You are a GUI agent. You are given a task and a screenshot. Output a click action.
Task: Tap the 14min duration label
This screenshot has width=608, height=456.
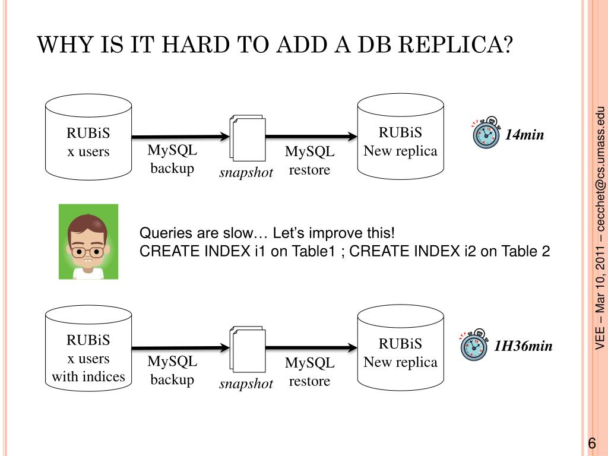[524, 135]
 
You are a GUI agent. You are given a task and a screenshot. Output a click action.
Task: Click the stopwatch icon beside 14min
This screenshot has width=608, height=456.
[486, 134]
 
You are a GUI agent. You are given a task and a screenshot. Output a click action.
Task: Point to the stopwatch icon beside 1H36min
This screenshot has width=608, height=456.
[474, 345]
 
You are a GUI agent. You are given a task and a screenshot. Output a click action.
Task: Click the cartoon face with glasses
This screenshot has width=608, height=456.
[88, 242]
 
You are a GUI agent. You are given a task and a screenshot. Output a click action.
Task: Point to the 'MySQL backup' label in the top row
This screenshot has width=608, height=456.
[172, 160]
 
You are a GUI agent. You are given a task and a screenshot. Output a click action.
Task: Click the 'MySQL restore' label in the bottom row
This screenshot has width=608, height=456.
[309, 372]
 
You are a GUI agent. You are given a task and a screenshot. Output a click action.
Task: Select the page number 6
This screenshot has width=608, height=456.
[591, 444]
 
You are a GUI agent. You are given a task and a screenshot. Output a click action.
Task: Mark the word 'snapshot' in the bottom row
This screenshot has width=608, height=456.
[246, 384]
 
